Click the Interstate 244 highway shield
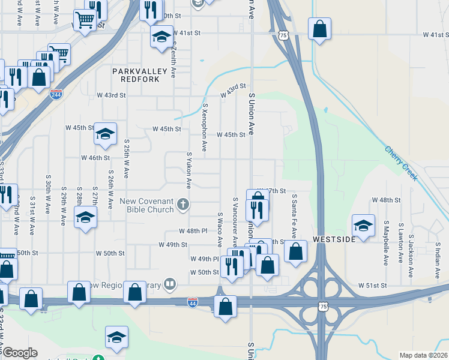(56, 95)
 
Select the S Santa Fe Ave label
(294, 214)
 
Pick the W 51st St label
(370, 286)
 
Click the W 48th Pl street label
(193, 231)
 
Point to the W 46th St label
(95, 158)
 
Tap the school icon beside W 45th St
(105, 134)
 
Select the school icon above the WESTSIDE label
(363, 226)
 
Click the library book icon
(171, 283)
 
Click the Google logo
(19, 353)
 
